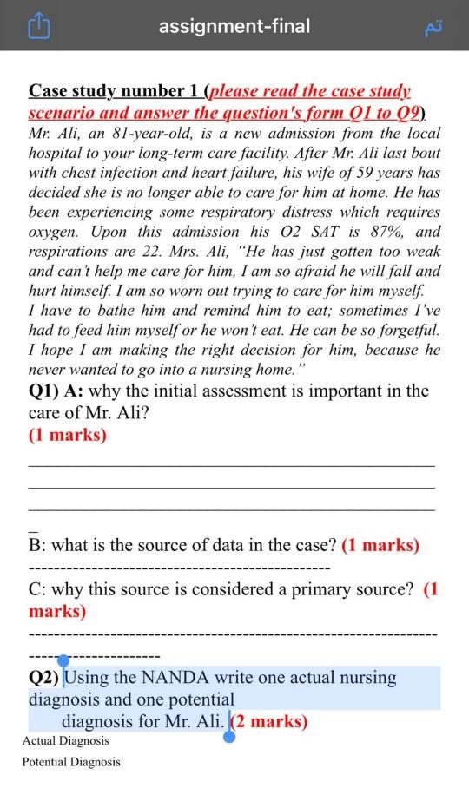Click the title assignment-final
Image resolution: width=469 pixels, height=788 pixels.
click(x=234, y=26)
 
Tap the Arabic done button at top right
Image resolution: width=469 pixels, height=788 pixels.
click(x=433, y=27)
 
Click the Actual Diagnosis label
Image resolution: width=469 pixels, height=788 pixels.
click(x=66, y=741)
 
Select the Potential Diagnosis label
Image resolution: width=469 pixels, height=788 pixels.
click(x=71, y=762)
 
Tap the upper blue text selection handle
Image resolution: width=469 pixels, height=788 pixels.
click(x=63, y=662)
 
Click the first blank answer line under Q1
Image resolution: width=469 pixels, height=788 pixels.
click(x=232, y=466)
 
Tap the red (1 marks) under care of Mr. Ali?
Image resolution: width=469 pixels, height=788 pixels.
click(x=68, y=435)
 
